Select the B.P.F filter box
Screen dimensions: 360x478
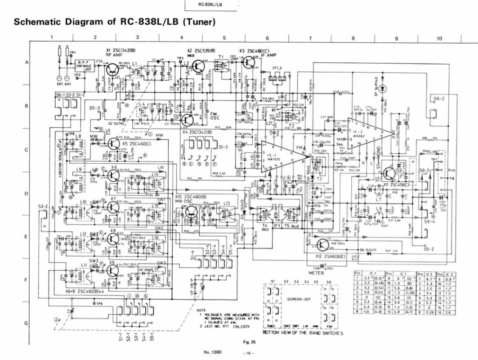click(x=85, y=66)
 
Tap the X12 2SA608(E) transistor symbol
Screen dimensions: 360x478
click(x=322, y=244)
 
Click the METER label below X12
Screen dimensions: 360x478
click(x=316, y=273)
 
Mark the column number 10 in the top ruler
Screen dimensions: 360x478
click(x=439, y=38)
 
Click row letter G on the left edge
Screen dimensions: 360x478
click(x=27, y=323)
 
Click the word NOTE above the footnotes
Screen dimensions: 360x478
click(x=201, y=310)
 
